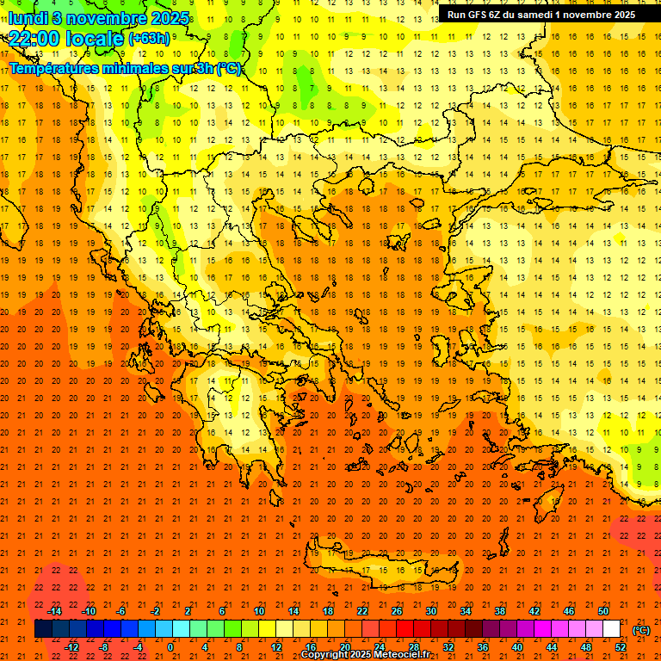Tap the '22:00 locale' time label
point(66,38)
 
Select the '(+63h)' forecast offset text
point(149,38)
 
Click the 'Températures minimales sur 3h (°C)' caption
point(126,68)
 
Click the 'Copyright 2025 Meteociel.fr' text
point(365,655)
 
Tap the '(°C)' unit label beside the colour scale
point(641,630)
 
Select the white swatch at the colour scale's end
point(612,629)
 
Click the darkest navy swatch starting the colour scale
point(43,629)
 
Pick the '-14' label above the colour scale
point(54,611)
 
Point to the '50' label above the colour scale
point(602,611)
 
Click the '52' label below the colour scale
point(621,647)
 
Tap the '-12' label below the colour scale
point(71,647)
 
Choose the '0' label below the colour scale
point(170,647)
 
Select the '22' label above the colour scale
point(362,611)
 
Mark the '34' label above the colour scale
point(466,611)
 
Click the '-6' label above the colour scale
point(121,611)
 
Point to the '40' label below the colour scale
point(517,647)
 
